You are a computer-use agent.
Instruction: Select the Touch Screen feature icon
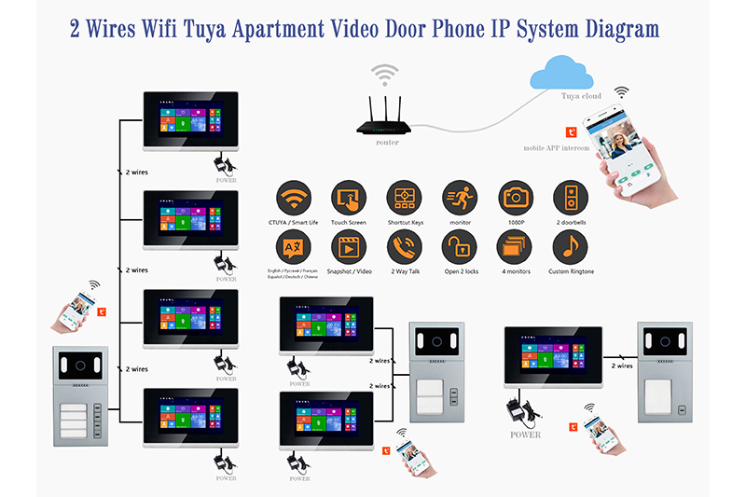pos(349,198)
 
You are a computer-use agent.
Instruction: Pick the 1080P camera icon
pos(515,198)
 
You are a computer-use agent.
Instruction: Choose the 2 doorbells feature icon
pos(570,198)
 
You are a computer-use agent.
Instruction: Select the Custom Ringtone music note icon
pos(570,247)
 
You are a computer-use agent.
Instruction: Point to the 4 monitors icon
pos(515,247)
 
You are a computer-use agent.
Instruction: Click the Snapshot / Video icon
pos(349,247)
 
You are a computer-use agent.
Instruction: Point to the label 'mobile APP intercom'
pos(556,147)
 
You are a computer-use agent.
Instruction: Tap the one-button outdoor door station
pos(663,370)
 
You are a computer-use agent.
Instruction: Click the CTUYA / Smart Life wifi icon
pos(294,198)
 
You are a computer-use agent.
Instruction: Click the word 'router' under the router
pos(387,143)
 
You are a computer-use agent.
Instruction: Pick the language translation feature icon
pos(294,247)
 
